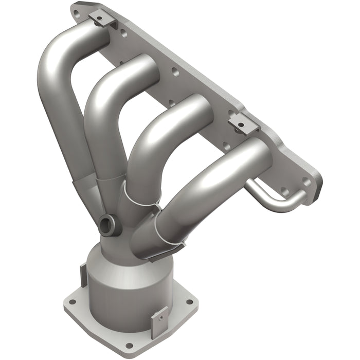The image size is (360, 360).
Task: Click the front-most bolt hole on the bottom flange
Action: (129, 345)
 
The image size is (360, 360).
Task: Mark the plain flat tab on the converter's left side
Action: (83, 275)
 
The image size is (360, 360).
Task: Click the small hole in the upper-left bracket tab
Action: (99, 19)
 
